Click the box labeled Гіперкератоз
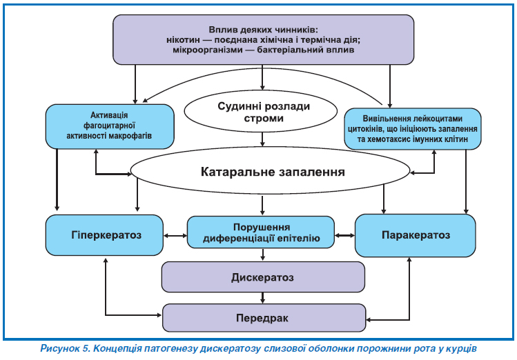106,235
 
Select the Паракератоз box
416,235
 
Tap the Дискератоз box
262,278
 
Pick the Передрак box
262,319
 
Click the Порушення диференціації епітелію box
261,233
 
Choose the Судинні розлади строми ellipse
263,112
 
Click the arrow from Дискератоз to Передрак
262,297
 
